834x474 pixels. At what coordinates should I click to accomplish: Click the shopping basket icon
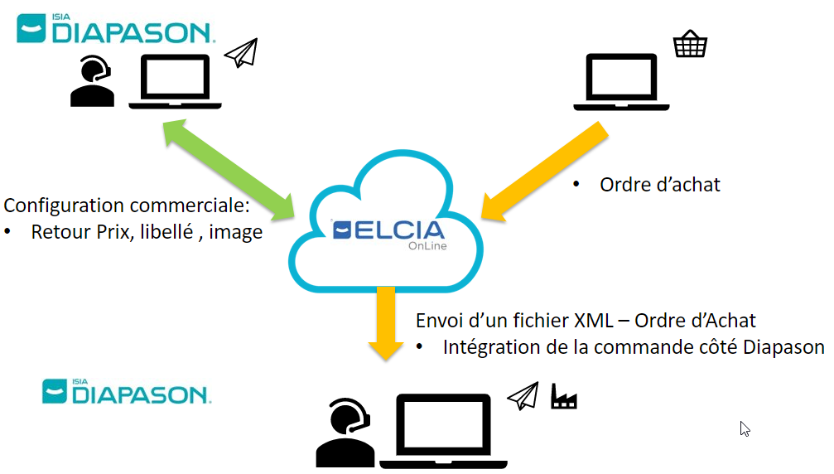pos(690,44)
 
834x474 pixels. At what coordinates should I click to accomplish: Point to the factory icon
pos(564,396)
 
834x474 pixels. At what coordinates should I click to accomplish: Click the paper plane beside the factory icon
pos(523,396)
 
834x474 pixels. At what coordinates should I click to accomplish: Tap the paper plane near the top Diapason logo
pos(241,53)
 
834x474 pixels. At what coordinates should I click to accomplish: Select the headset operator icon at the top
pos(92,81)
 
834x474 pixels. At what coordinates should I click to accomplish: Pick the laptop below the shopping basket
pos(621,82)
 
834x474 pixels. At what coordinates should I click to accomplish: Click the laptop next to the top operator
pos(176,82)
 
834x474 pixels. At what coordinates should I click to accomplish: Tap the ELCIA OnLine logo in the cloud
pos(388,232)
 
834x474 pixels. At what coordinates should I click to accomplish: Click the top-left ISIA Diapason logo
pos(116,28)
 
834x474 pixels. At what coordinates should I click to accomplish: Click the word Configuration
pos(63,206)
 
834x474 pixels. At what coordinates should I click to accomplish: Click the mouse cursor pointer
pos(744,428)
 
